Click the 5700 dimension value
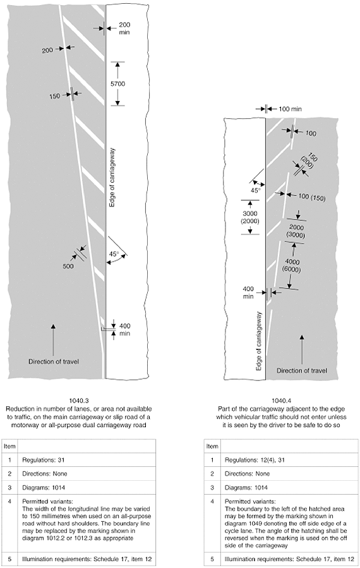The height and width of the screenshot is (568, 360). [x=117, y=84]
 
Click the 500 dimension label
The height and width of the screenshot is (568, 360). [x=68, y=266]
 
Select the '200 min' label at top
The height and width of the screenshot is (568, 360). [x=124, y=28]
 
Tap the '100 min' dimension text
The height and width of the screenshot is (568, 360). [x=290, y=109]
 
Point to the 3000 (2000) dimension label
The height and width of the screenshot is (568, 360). [x=250, y=217]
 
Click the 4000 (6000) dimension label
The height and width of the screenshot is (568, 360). [x=292, y=265]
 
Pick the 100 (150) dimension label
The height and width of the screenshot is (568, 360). [x=312, y=197]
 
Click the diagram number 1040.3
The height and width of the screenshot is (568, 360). [x=78, y=401]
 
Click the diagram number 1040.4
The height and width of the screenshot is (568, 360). [x=282, y=401]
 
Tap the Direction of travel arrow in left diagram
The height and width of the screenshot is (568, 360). [x=53, y=340]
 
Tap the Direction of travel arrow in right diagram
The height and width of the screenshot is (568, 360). [x=302, y=349]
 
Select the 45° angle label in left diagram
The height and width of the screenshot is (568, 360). [x=114, y=254]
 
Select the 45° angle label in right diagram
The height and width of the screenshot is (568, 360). [x=255, y=191]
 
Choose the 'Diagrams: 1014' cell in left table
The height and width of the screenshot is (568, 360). [x=44, y=488]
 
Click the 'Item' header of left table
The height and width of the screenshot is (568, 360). [x=9, y=446]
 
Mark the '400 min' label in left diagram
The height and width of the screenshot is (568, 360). [x=125, y=330]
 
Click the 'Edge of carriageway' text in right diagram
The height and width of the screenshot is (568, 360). [x=259, y=341]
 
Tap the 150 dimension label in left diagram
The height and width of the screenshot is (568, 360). [x=55, y=97]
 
